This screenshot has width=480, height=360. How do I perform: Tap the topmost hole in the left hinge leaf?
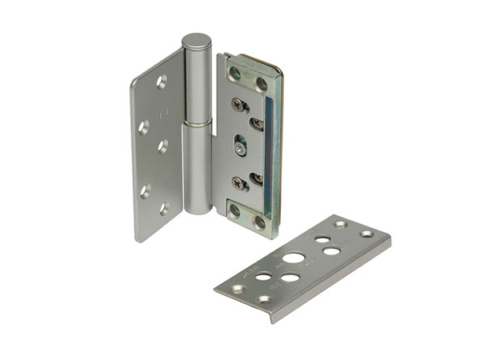162,81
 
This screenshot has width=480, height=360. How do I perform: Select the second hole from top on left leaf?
145,126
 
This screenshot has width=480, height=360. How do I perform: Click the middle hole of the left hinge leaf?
162,146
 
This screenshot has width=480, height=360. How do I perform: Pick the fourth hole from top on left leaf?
146,190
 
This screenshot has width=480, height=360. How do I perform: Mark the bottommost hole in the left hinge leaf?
163,210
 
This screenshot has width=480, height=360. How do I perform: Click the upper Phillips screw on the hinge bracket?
238,104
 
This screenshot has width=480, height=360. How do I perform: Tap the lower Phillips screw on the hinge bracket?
239,182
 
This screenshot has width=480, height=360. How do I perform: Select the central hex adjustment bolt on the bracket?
240,146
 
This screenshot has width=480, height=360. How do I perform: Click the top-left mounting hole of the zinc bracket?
234,74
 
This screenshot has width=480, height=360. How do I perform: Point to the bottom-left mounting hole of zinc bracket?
234,212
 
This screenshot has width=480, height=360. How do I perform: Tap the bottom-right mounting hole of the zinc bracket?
260,222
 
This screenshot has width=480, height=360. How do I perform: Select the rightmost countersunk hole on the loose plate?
367,234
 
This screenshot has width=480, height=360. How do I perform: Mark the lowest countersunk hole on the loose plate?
265,300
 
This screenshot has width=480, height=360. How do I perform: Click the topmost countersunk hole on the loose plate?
340,226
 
